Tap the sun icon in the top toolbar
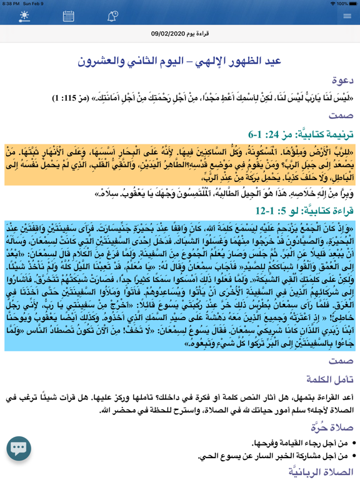pos(24,16)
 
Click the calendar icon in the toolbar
pos(68,16)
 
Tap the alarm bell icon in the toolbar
pos(112,16)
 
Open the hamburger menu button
pos(347,16)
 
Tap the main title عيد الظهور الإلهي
pos(180,61)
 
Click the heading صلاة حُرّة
pos(332,427)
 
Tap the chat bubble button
pos(19,448)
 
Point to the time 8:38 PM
pos(11,4)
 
